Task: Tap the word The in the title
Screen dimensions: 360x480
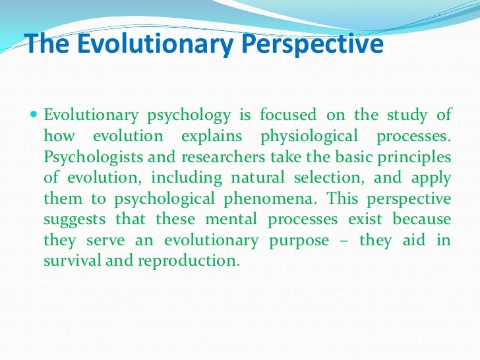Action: [x=44, y=44]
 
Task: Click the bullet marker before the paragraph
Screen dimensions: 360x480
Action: [x=35, y=115]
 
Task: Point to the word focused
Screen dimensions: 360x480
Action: [x=288, y=115]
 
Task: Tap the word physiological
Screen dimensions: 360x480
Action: [x=311, y=136]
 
